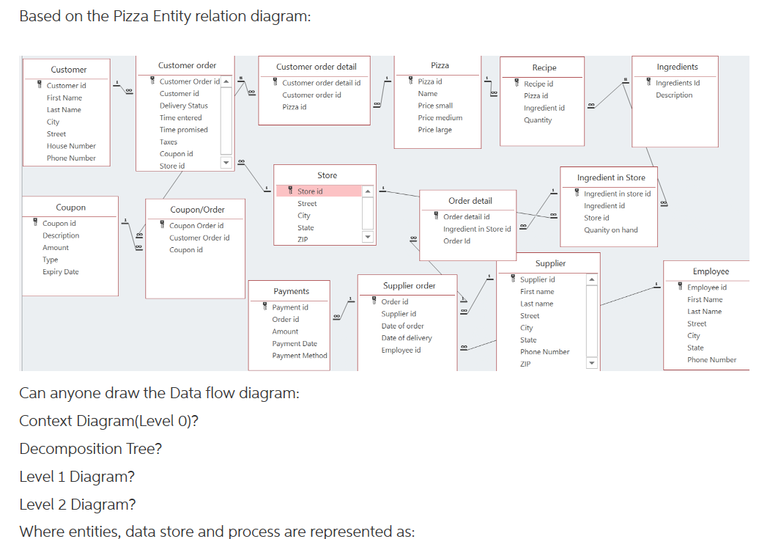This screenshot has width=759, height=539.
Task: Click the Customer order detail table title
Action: [x=316, y=67]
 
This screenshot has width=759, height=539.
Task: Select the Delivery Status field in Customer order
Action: [x=183, y=106]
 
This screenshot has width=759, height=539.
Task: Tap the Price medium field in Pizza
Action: [x=440, y=117]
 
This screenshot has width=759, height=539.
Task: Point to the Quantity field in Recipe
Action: [x=538, y=120]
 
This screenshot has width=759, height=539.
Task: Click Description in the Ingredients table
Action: [x=674, y=95]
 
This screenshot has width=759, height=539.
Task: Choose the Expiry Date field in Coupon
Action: [x=60, y=272]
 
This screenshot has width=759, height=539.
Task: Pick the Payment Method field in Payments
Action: [x=299, y=356]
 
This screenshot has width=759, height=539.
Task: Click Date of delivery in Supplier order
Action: [x=406, y=338]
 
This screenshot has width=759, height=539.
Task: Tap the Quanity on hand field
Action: [x=610, y=230]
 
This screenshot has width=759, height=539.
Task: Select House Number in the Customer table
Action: [x=71, y=146]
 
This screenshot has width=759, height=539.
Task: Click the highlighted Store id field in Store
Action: [x=310, y=191]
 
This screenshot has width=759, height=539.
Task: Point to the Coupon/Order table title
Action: [x=197, y=210]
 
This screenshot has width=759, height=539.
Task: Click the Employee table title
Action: [x=710, y=271]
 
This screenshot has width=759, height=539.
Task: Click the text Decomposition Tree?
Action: [x=90, y=449]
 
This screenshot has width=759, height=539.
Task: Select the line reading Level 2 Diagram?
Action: [x=77, y=505]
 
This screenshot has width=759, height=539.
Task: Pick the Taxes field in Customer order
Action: [x=169, y=142]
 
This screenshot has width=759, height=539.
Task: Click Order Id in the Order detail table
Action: [x=456, y=241]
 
